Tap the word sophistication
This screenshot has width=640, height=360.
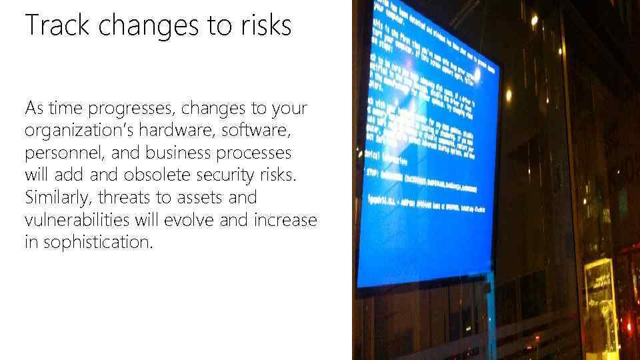point(98,243)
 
